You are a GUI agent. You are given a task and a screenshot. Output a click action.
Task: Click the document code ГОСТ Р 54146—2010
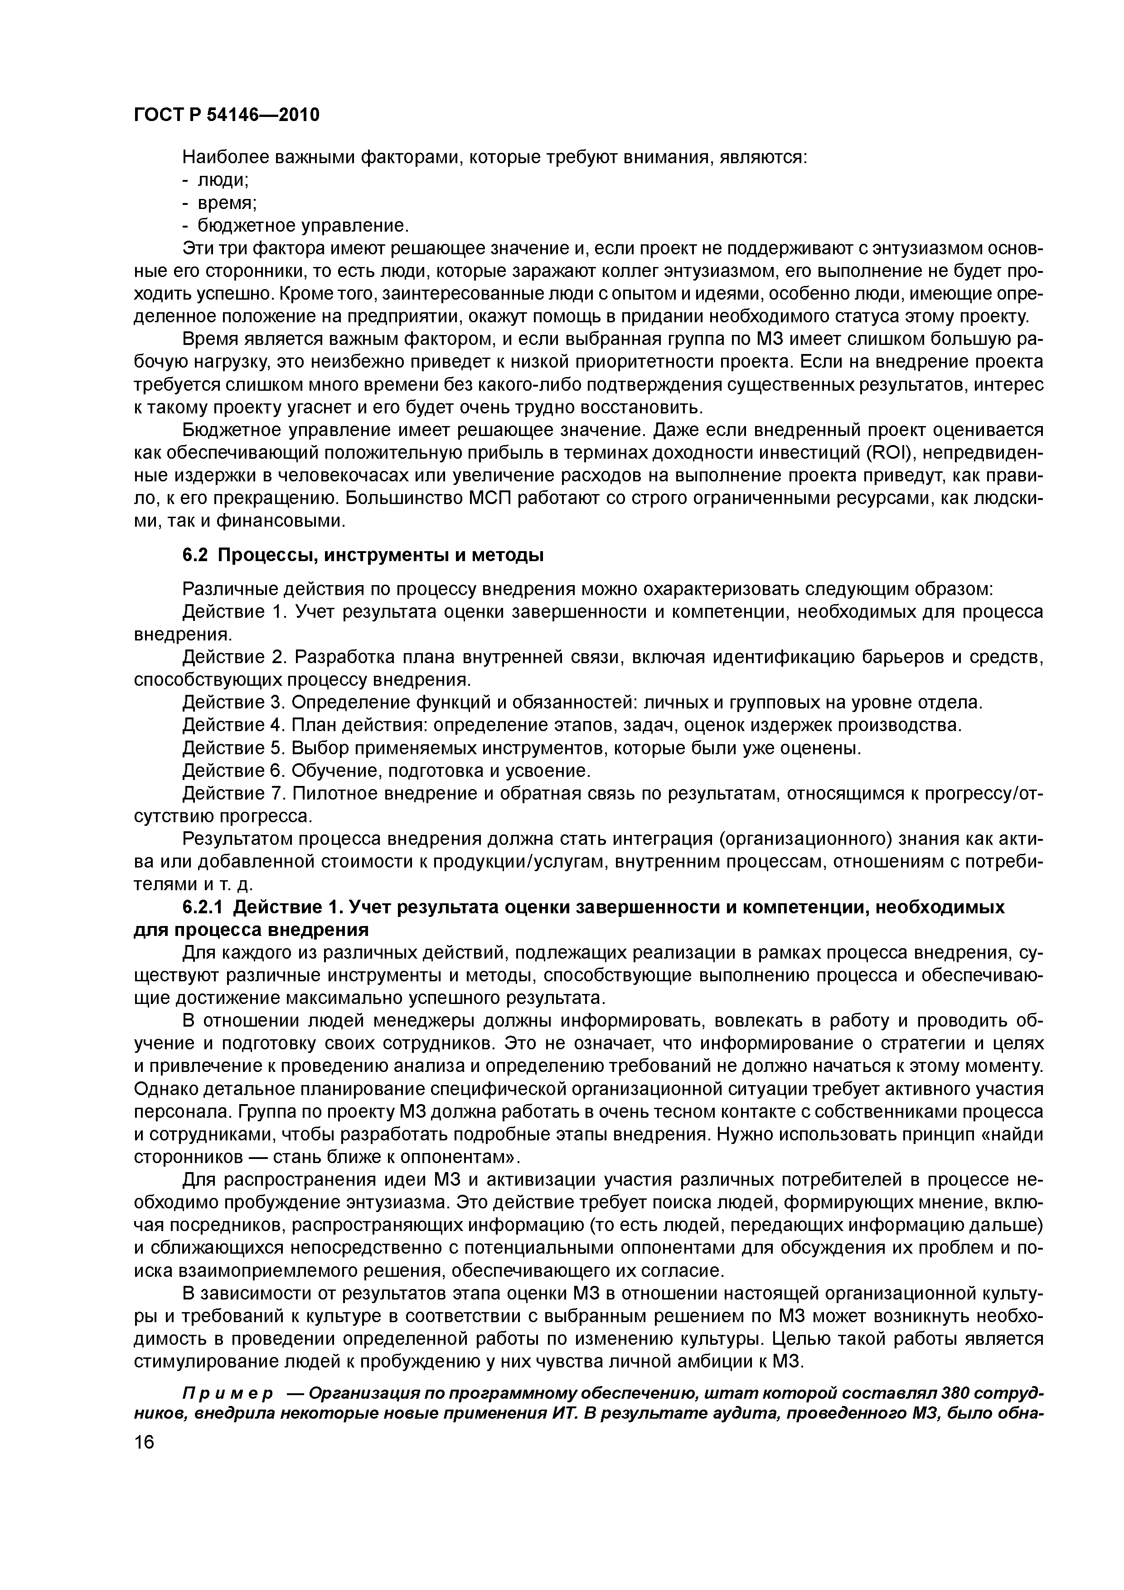coord(227,115)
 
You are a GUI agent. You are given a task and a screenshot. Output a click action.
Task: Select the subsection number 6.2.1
coord(203,907)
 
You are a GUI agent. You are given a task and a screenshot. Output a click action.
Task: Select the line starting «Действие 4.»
coord(572,725)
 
